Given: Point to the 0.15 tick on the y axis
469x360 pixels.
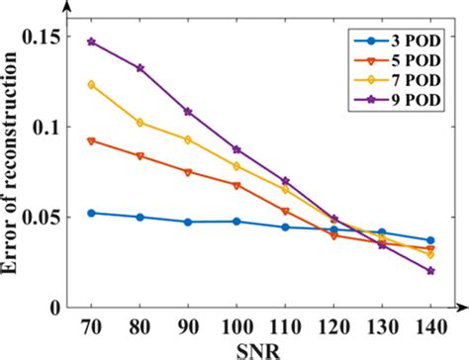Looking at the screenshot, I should pyautogui.click(x=57, y=37).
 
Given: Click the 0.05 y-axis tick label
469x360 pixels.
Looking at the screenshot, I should pyautogui.click(x=57, y=217).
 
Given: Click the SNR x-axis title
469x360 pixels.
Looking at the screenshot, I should pyautogui.click(x=259, y=347).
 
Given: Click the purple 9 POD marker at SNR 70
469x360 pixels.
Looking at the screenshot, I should pyautogui.click(x=91, y=43).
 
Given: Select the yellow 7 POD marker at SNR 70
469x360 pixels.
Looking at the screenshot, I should pyautogui.click(x=91, y=85).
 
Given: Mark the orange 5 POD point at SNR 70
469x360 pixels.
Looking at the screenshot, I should pyautogui.click(x=91, y=140).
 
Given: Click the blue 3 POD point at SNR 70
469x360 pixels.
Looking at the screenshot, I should pyautogui.click(x=91, y=213).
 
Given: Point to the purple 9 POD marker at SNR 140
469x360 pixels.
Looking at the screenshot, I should pyautogui.click(x=430, y=270).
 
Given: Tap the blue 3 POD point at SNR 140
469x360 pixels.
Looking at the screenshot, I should pyautogui.click(x=430, y=240).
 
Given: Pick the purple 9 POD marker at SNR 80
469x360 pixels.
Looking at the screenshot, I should pyautogui.click(x=140, y=68).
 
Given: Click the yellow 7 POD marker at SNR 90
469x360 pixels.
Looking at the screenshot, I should pyautogui.click(x=188, y=139).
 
